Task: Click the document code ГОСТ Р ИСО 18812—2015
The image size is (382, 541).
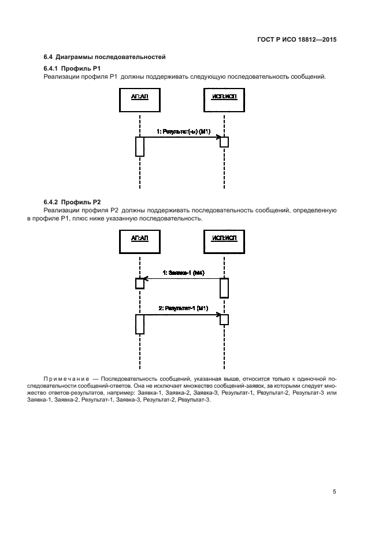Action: (x=296, y=40)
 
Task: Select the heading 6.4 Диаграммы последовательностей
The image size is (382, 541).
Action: (x=105, y=57)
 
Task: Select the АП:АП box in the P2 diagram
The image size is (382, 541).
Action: (x=139, y=240)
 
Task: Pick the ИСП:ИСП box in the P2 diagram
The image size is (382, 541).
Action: (x=224, y=240)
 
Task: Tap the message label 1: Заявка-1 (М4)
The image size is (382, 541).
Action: (x=183, y=273)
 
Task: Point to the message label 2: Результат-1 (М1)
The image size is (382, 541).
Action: (x=183, y=309)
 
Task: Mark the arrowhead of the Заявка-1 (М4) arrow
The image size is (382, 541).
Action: (x=146, y=278)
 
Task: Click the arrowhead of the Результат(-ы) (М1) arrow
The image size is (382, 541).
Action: (x=218, y=137)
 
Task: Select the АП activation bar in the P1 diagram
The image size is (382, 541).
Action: (x=139, y=146)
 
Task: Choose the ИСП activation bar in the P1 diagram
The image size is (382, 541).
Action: (x=224, y=142)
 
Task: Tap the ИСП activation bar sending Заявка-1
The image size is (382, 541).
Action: (x=224, y=287)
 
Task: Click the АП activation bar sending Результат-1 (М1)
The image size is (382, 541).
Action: (x=139, y=324)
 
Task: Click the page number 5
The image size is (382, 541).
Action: (x=335, y=491)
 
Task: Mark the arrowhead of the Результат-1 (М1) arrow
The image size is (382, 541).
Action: (x=218, y=315)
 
